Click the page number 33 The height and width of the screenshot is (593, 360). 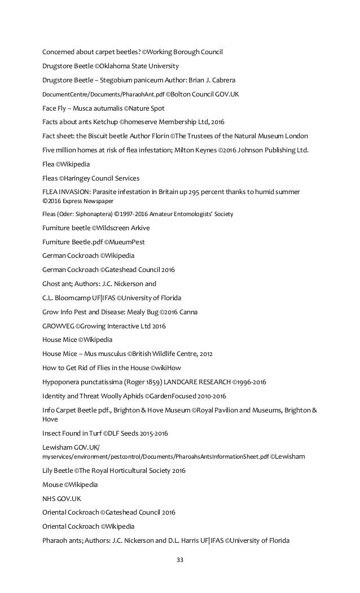click(x=180, y=560)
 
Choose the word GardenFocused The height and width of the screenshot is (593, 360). click(x=175, y=396)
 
